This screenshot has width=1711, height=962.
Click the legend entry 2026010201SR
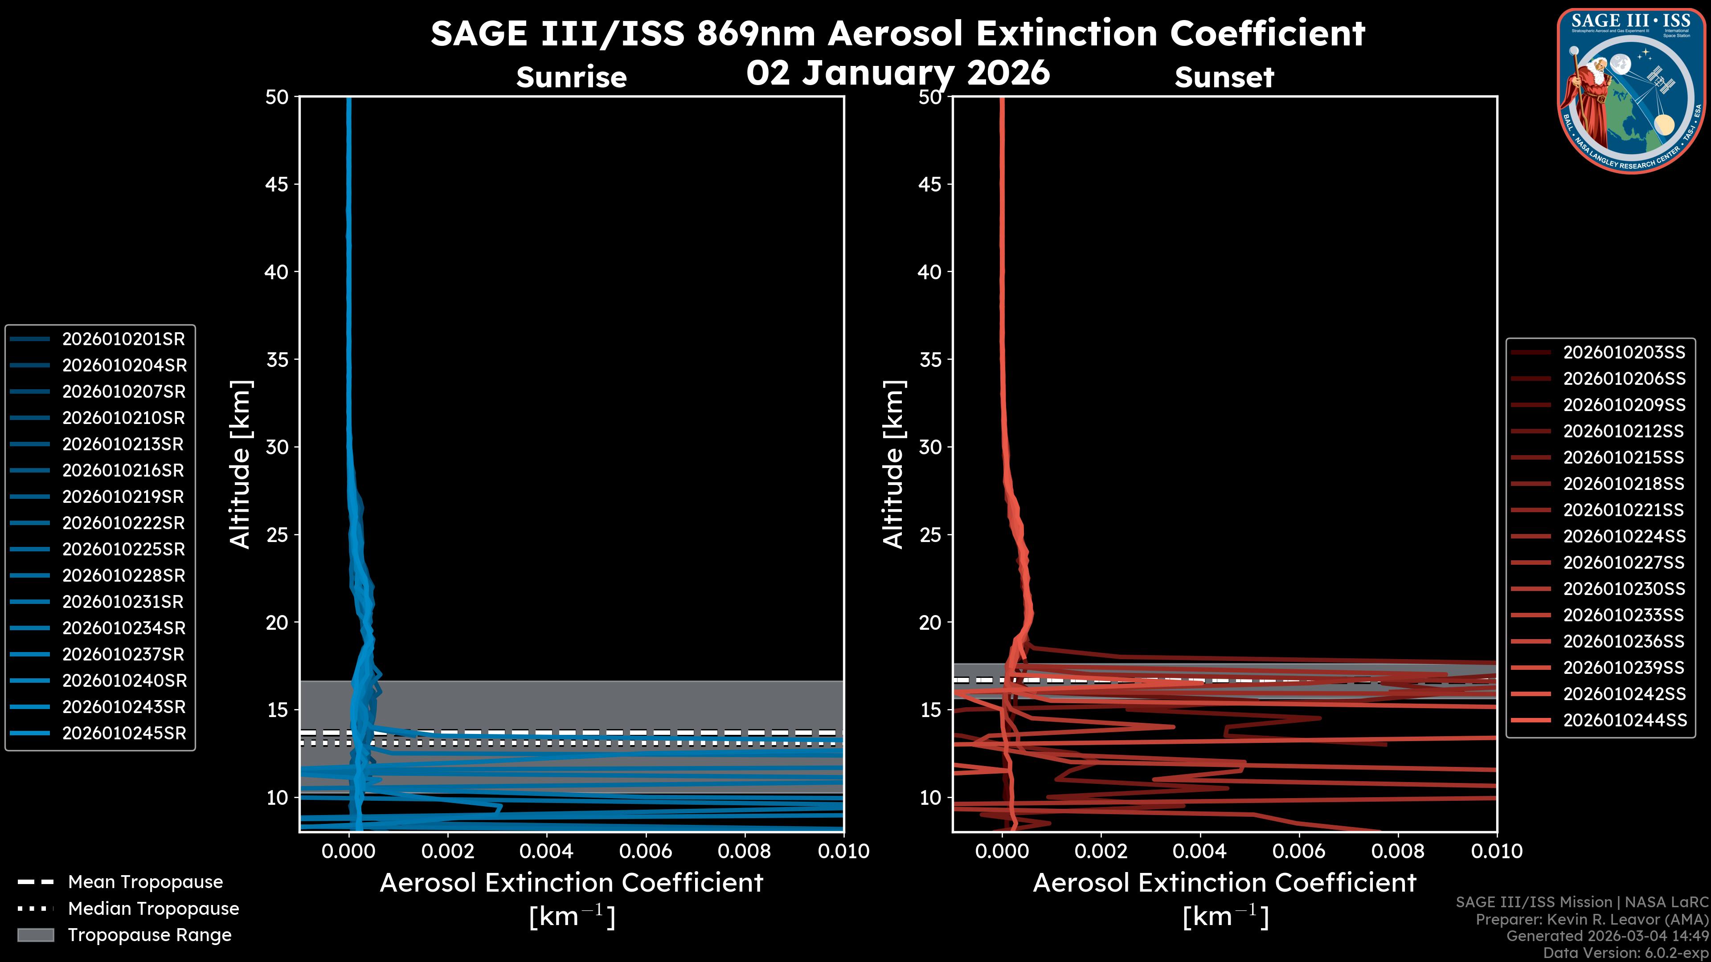pos(123,339)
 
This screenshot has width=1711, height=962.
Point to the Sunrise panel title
pos(571,77)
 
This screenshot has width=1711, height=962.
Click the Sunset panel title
pos(1224,77)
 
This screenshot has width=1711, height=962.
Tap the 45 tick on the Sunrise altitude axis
pos(277,184)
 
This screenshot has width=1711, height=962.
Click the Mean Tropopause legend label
pos(145,882)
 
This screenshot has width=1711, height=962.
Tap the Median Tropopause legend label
pos(153,909)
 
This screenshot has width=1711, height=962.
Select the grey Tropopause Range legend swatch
pos(35,935)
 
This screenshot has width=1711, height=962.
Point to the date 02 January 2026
pos(898,73)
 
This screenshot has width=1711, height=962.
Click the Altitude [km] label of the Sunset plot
pos(893,465)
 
